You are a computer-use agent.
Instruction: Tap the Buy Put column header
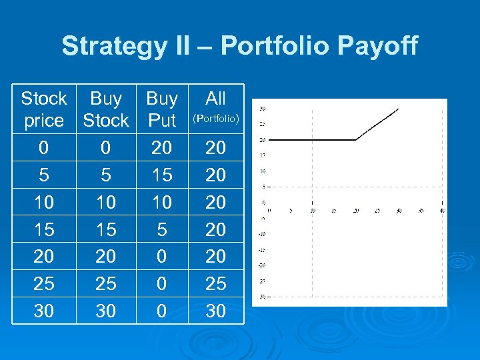click(x=162, y=109)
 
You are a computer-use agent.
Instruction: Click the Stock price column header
click(x=44, y=109)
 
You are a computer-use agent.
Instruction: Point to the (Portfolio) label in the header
click(x=215, y=120)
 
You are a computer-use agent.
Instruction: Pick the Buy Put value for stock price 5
click(x=162, y=175)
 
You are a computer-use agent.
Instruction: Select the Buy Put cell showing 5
click(x=162, y=229)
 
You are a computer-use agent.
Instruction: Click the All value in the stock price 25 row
click(x=215, y=284)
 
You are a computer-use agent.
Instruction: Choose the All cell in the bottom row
click(x=215, y=311)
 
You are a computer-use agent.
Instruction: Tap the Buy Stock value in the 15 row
click(x=105, y=229)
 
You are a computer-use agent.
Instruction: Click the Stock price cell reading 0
click(x=44, y=147)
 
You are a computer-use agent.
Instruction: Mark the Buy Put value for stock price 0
click(x=162, y=147)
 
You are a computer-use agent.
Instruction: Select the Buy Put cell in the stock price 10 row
click(x=162, y=202)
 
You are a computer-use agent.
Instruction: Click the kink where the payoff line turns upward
click(x=356, y=139)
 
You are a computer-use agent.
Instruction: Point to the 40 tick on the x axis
click(x=442, y=210)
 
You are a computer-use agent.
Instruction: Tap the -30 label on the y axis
click(x=263, y=296)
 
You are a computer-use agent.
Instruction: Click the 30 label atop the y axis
click(x=263, y=108)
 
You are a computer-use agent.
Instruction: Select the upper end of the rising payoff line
click(x=399, y=109)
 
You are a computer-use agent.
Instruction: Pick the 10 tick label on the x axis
click(x=312, y=210)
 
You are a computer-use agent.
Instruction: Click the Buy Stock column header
click(x=105, y=109)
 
